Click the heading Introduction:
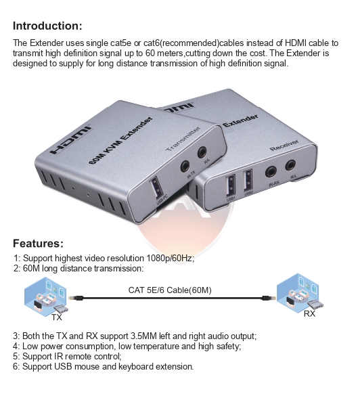pos(47,26)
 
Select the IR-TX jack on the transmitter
pos(184,165)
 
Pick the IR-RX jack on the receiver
pos(273,172)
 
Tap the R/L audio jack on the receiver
pos(292,164)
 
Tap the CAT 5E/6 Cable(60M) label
pos(170,290)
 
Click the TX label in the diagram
pos(56,317)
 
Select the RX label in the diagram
pos(309,314)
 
